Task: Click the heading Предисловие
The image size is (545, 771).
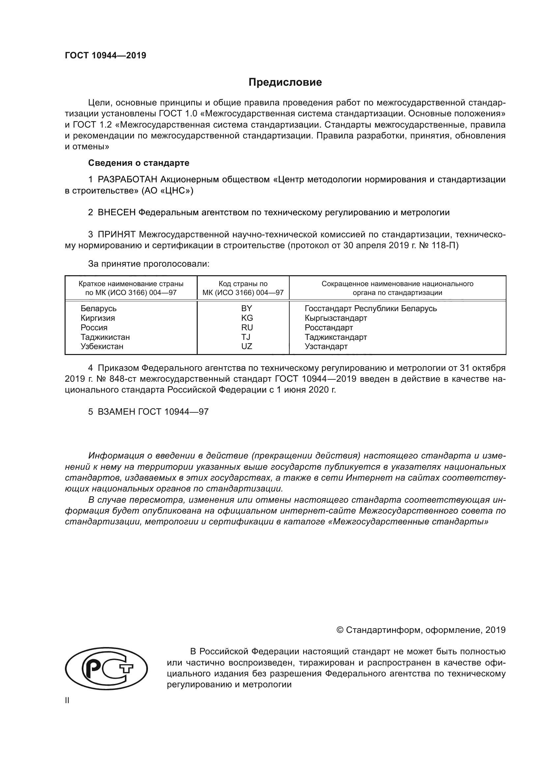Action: [x=285, y=82]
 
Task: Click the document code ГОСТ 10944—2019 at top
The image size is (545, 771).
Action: [x=105, y=56]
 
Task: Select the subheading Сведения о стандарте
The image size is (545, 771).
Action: [x=139, y=163]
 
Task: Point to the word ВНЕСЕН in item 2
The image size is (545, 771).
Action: [x=116, y=213]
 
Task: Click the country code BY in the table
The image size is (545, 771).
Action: [x=246, y=308]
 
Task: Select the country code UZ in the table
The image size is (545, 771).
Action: [x=246, y=346]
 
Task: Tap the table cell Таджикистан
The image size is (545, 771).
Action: [x=105, y=337]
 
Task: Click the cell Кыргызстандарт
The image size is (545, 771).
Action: [x=335, y=318]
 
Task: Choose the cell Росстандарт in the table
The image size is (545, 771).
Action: [x=329, y=327]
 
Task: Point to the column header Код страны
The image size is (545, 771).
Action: [x=243, y=284]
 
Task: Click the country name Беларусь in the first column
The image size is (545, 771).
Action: [x=98, y=308]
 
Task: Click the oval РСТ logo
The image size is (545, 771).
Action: [x=106, y=668]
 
